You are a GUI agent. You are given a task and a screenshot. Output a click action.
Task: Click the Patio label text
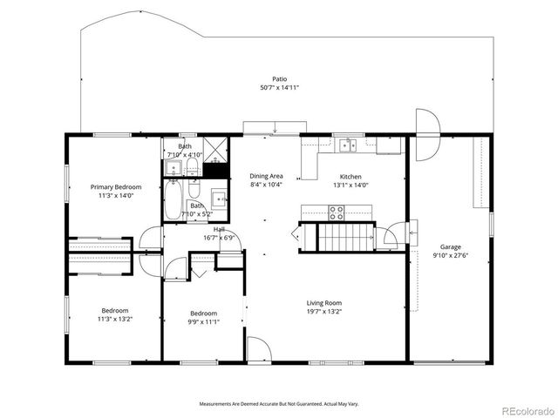pos(279,78)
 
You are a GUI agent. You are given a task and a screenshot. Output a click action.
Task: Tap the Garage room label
pos(450,246)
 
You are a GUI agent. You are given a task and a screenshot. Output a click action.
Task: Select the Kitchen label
pos(350,176)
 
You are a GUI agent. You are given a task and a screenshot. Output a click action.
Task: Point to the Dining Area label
pos(266,176)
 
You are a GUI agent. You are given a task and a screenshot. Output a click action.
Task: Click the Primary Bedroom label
pos(116,187)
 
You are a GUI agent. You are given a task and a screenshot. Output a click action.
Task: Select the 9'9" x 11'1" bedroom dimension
pos(204,321)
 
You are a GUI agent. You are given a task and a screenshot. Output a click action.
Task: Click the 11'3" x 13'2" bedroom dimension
pos(115,319)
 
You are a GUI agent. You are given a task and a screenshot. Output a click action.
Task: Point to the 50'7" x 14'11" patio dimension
pos(279,88)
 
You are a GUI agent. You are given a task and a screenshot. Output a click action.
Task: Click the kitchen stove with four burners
pos(336,211)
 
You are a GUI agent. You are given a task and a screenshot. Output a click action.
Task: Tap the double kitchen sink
pos(349,145)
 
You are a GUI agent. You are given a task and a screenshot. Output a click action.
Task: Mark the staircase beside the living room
pos(336,236)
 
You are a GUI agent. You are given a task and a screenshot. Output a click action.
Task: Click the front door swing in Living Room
pos(258,348)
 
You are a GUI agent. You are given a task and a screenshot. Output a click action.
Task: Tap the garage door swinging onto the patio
pos(426,136)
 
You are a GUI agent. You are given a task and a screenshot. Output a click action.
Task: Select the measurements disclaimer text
pos(279,404)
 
